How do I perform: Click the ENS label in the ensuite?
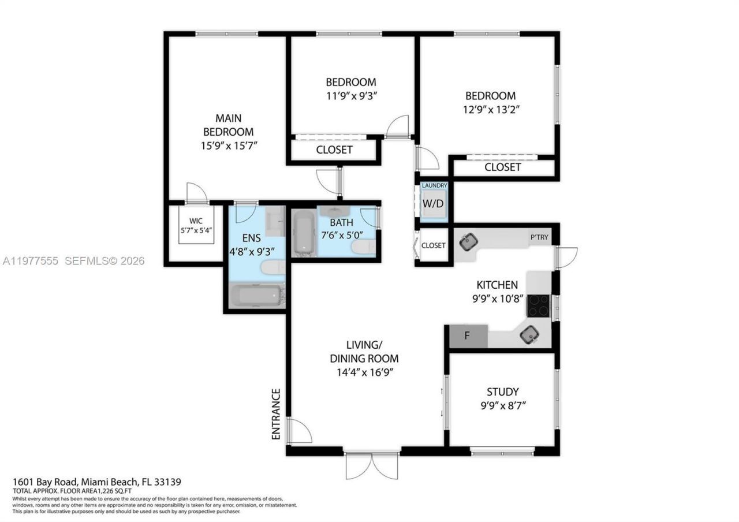[x=251, y=238]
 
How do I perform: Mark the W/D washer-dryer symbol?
[x=434, y=204]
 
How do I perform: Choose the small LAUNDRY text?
[x=434, y=185]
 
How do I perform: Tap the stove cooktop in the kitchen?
[x=539, y=305]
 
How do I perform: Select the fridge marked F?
[x=467, y=336]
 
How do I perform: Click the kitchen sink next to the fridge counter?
[x=529, y=334]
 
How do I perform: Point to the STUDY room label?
[x=502, y=391]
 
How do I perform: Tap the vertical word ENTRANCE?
[x=276, y=415]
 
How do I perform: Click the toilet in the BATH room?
[x=363, y=248]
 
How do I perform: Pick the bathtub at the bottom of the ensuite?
[x=255, y=296]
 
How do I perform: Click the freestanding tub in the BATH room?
[x=304, y=233]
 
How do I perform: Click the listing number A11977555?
[x=30, y=261]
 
